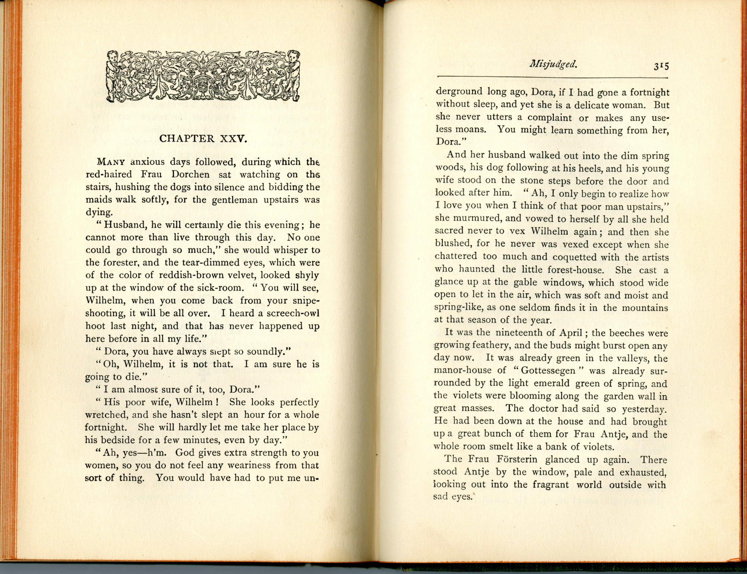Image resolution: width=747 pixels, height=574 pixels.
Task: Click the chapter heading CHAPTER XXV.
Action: (203, 139)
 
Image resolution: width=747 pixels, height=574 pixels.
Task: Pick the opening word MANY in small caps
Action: (111, 162)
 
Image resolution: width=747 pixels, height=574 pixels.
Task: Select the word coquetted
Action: (582, 257)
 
